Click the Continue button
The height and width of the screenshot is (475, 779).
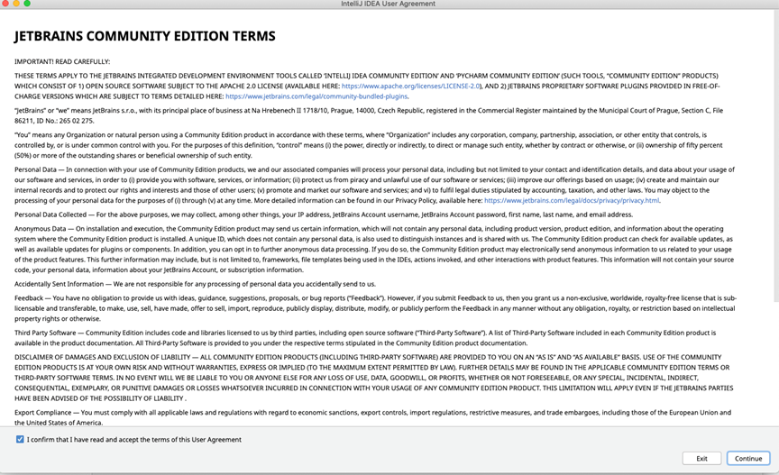pyautogui.click(x=748, y=458)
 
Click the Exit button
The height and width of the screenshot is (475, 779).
pyautogui.click(x=701, y=458)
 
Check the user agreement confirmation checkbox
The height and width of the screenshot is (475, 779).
pyautogui.click(x=20, y=439)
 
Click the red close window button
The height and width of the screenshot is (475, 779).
pyautogui.click(x=6, y=4)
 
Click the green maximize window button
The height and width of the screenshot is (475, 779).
pyautogui.click(x=28, y=4)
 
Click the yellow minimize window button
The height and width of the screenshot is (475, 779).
pyautogui.click(x=17, y=4)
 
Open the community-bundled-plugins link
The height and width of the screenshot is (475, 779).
pyautogui.click(x=316, y=96)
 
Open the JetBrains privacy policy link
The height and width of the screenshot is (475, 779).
pyautogui.click(x=572, y=200)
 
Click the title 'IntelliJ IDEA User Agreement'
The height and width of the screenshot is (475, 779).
pyautogui.click(x=389, y=5)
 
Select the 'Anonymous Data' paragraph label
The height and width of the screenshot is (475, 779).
pyautogui.click(x=42, y=229)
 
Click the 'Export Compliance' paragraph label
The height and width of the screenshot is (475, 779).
pyautogui.click(x=46, y=411)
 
